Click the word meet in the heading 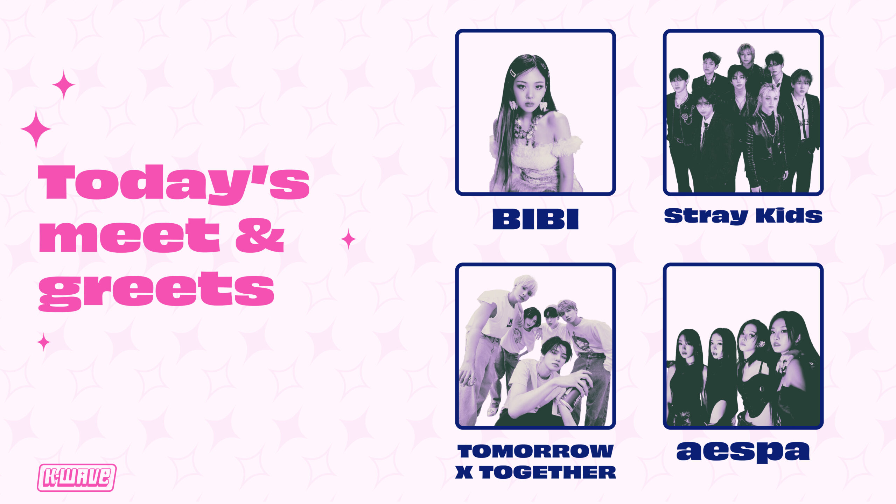(129, 235)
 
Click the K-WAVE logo (77, 478)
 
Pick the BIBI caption (535, 219)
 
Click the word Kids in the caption (789, 215)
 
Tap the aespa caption (743, 452)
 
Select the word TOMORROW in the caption (535, 451)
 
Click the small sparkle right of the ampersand (348, 239)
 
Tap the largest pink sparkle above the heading (36, 129)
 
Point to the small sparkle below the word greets (44, 342)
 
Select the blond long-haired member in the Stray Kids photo (766, 136)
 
